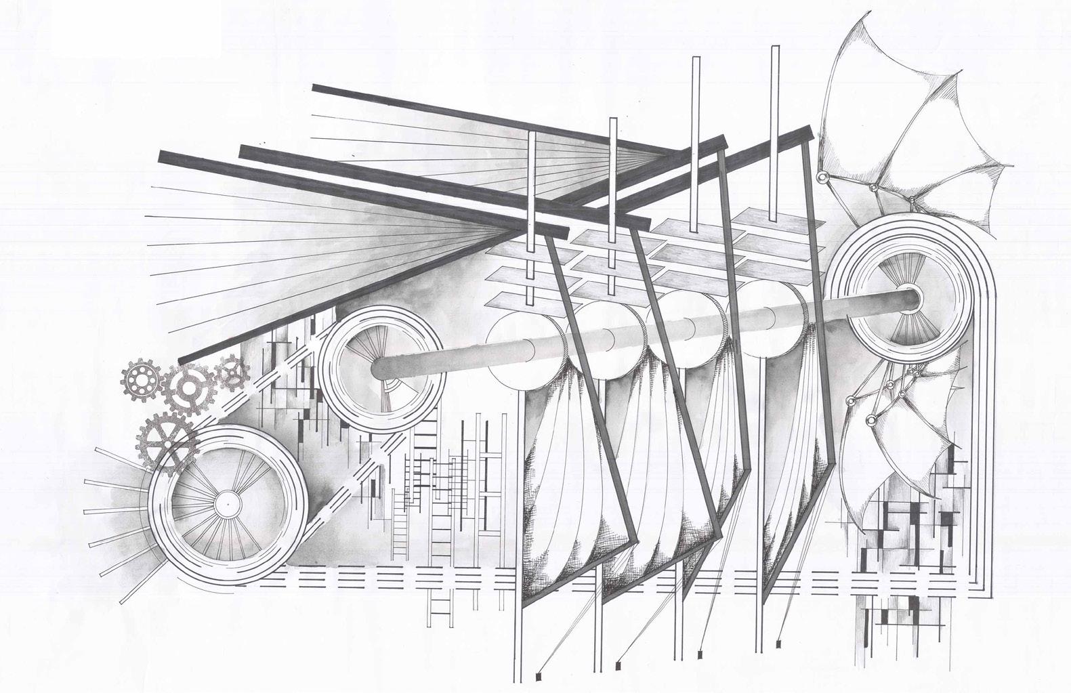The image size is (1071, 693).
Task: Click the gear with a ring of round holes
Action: point(141,382)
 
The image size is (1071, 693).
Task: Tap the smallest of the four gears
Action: point(231,373)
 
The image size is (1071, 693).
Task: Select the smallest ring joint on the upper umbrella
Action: point(912,198)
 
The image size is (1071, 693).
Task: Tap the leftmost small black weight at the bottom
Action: point(539,675)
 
